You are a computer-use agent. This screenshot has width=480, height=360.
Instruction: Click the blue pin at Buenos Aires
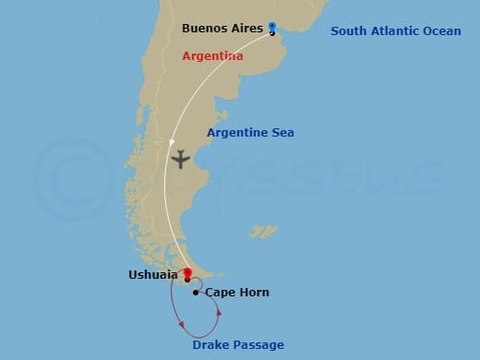[x=272, y=28]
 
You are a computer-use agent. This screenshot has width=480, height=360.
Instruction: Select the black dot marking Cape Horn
[x=196, y=293]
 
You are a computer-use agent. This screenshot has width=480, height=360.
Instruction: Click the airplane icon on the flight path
[x=180, y=159]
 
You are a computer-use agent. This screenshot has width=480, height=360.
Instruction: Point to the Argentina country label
[x=212, y=56]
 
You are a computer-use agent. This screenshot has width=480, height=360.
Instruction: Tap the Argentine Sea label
[x=250, y=133]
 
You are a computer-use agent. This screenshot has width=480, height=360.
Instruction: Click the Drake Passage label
[x=238, y=345]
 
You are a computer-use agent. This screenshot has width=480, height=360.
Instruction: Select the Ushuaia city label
[x=153, y=274]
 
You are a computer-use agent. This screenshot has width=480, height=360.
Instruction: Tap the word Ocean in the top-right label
[x=442, y=31]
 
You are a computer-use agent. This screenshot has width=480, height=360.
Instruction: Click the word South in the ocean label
[x=349, y=31]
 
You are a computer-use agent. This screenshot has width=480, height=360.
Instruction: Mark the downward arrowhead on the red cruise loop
[x=183, y=324]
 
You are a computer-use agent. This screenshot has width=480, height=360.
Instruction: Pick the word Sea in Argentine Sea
[x=282, y=133]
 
